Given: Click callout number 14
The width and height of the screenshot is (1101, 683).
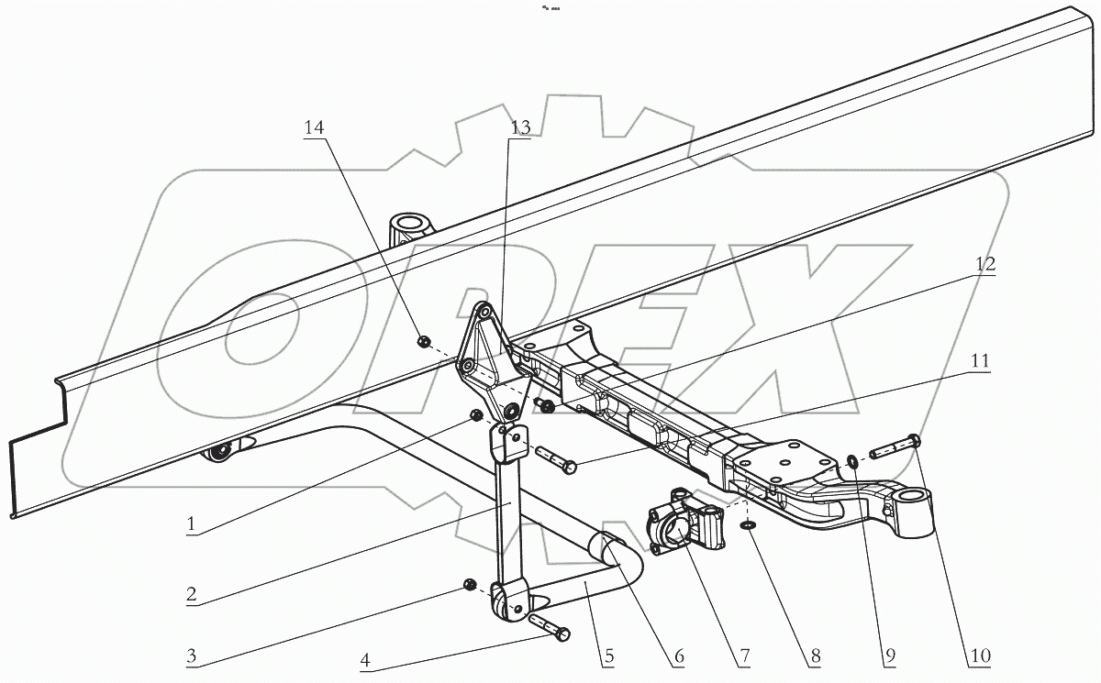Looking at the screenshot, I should point(315,128).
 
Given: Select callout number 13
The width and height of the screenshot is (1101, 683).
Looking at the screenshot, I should point(520,128).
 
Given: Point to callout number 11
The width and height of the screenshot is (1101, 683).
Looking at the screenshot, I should point(979,362).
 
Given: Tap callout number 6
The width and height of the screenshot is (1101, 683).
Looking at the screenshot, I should point(678,657).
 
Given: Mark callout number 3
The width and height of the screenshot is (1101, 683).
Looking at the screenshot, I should point(191,656).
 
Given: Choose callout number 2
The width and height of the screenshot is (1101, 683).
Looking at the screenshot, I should point(191,595).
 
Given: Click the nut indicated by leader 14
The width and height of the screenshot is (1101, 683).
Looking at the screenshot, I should point(424,342).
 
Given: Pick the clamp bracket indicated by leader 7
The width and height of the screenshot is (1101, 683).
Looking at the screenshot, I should point(686,524).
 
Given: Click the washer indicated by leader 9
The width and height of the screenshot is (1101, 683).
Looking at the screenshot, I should point(853,461).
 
